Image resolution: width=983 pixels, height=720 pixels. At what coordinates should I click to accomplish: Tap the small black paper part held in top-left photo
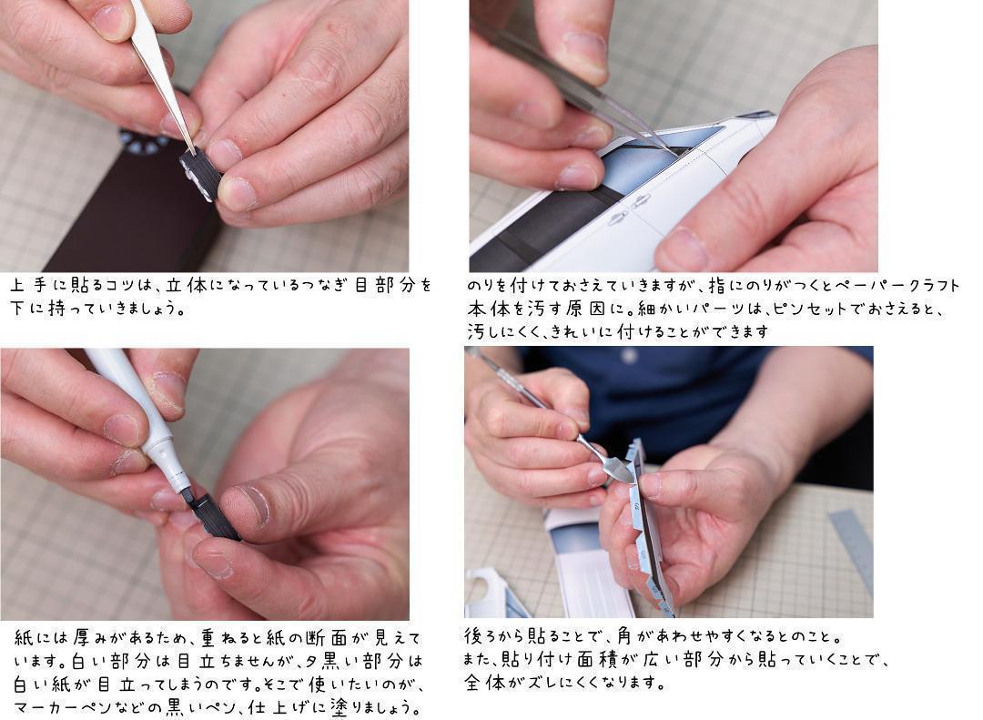coord(200,175)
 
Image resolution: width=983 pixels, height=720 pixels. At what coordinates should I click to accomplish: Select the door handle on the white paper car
coord(640,200)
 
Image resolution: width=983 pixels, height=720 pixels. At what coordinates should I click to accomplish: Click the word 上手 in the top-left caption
coord(28,286)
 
